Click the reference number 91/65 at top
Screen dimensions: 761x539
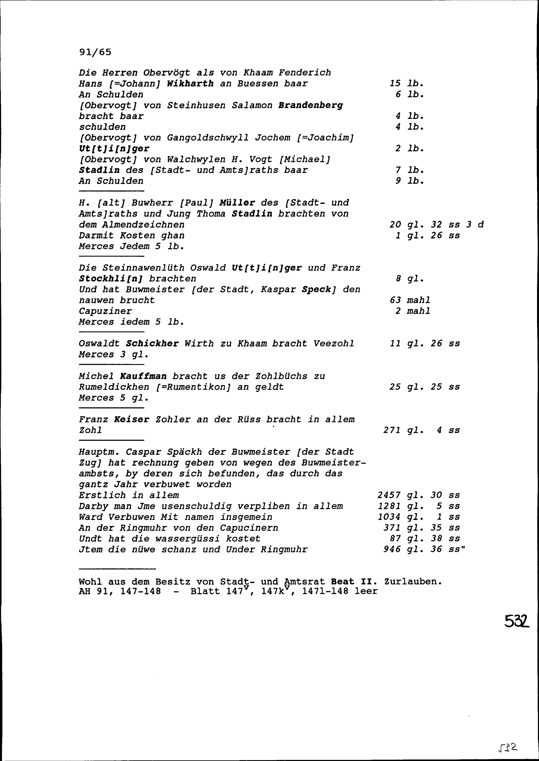coord(95,52)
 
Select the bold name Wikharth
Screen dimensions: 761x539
coord(190,83)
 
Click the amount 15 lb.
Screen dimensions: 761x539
coord(407,83)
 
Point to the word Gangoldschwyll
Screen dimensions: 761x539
coord(208,138)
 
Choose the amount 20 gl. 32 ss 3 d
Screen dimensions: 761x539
coord(436,225)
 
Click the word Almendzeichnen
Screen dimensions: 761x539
coord(143,225)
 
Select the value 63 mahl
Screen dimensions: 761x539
coord(410,300)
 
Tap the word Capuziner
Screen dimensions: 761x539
coord(105,311)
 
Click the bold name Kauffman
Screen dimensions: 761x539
coord(143,376)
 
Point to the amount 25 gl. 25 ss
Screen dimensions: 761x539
coord(424,387)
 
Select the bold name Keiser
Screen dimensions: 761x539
coord(132,419)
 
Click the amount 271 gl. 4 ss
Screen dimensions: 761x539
coord(421,430)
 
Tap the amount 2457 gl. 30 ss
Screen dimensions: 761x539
coord(419,495)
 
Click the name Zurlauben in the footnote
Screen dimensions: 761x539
coord(413,582)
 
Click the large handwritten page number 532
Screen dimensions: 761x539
coord(516,621)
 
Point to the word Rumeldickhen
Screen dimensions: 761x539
coord(114,387)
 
